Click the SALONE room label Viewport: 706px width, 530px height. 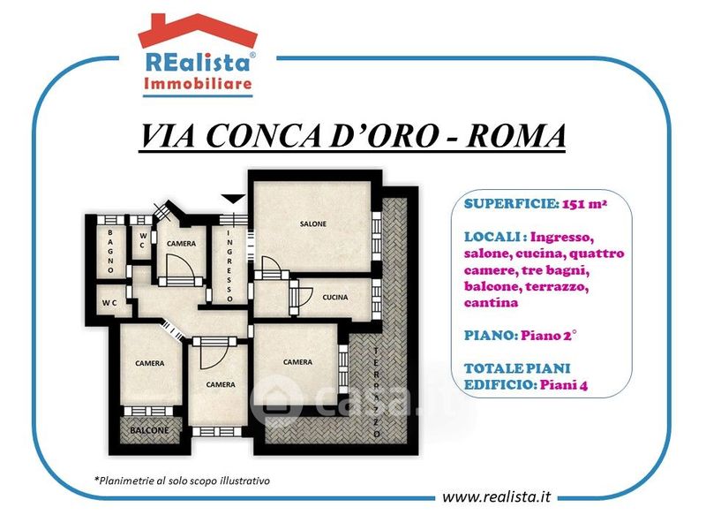(x=313, y=223)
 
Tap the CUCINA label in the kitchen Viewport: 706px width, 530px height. (x=335, y=297)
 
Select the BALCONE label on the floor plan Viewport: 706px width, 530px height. (x=149, y=430)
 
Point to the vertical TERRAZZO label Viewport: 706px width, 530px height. (x=377, y=392)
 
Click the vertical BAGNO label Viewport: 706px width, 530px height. (x=110, y=252)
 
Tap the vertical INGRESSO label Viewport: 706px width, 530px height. (x=229, y=266)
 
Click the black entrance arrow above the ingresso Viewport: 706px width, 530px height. (x=233, y=199)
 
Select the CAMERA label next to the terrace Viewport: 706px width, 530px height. (x=297, y=362)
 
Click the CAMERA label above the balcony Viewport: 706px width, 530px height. (x=149, y=363)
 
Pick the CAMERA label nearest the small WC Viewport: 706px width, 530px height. (x=181, y=244)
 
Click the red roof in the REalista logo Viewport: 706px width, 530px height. (x=198, y=31)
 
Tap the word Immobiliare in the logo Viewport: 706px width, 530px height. (x=198, y=83)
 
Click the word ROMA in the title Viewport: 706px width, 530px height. (x=516, y=135)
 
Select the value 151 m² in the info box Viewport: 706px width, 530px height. (x=584, y=204)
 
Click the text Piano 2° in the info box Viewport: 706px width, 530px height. (x=548, y=336)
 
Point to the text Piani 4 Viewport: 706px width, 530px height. (x=564, y=385)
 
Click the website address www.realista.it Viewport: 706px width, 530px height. (x=497, y=496)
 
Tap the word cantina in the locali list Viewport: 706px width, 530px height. (x=491, y=302)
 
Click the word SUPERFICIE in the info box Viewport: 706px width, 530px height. (x=512, y=204)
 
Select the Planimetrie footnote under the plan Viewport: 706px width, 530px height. (x=182, y=481)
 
